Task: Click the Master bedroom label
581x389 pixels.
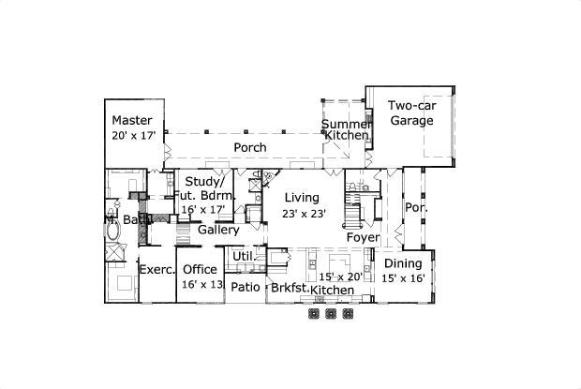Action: pos(132,120)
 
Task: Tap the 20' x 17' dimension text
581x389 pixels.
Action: pos(132,136)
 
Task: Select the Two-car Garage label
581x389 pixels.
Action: pos(411,113)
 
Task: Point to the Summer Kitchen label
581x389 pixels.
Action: pos(346,130)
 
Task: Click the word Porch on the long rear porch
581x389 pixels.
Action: pos(249,147)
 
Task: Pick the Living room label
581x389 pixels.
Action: pos(302,198)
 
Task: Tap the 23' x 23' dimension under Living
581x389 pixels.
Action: pos(302,213)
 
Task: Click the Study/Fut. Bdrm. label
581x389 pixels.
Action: pos(201,188)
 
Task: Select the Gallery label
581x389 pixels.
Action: pos(217,230)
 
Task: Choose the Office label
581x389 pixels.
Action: pos(200,270)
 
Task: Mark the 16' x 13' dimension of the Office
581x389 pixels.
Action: pos(201,284)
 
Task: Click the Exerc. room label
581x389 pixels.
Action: pos(157,270)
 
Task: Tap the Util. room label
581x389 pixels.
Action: pos(244,256)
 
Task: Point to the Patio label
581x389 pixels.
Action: pos(246,288)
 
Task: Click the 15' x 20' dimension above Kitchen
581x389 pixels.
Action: pos(341,277)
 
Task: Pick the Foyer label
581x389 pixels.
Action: pos(363,237)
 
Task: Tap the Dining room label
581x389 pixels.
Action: pos(403,264)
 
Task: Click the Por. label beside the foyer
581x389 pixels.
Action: pos(413,207)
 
